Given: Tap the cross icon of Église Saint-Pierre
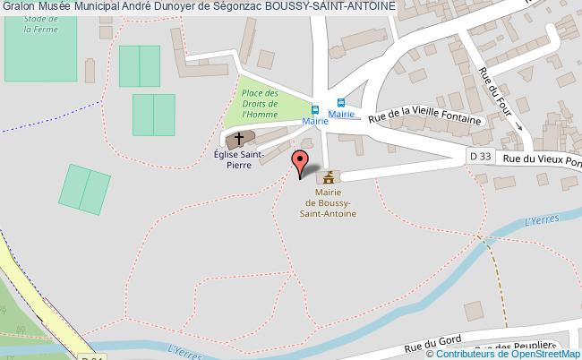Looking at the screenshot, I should [x=238, y=140].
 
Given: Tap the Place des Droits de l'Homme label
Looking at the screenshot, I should [x=261, y=105].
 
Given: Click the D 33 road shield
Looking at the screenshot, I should [x=482, y=155].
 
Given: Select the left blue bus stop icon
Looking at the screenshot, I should [x=314, y=102].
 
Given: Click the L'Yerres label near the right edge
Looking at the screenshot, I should [x=538, y=219].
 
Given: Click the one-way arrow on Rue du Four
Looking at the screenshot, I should [x=520, y=127].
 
